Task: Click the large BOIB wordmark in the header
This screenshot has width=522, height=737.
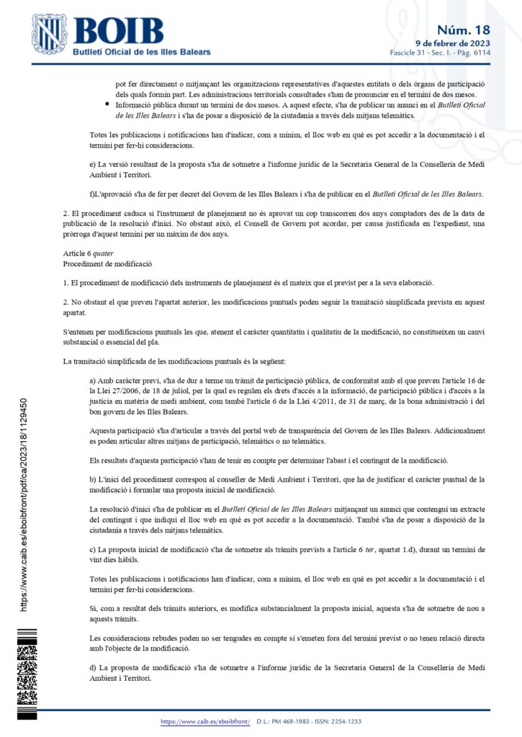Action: coord(119,31)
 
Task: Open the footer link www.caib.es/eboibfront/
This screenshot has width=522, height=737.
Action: coord(204,721)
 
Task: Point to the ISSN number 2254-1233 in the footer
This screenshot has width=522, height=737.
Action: coord(345,721)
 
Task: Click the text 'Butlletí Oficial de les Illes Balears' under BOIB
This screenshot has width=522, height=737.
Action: coord(142,53)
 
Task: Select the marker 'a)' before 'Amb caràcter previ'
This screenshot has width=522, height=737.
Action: coord(93,379)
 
